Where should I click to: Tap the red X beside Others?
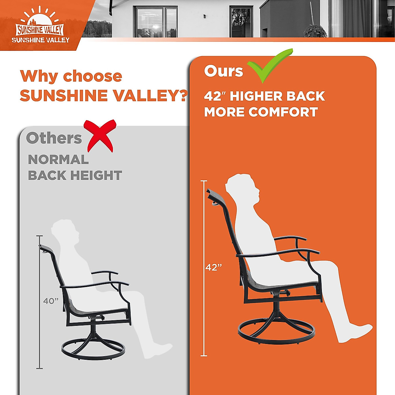click(x=100, y=136)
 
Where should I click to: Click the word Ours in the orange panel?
click(x=224, y=71)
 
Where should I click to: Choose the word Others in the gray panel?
click(x=54, y=138)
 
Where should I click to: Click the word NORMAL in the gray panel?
click(x=58, y=160)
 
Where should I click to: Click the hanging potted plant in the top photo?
click(x=315, y=31)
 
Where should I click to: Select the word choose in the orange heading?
click(x=92, y=76)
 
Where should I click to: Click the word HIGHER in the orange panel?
click(x=254, y=96)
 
